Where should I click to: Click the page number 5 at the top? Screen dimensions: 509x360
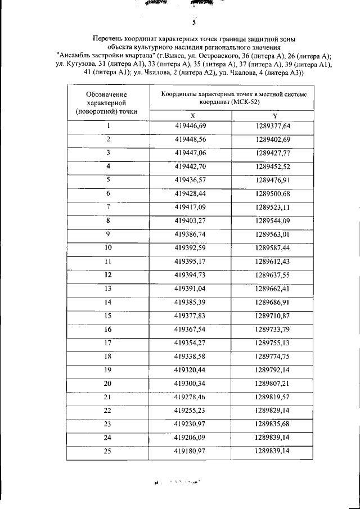coord(193,23)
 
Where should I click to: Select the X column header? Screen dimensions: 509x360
coord(192,115)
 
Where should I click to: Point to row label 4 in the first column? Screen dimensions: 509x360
coord(108,166)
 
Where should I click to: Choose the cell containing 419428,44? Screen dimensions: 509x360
coord(191,193)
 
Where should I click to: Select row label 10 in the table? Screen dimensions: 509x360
coord(108,247)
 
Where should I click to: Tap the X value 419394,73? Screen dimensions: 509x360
coord(191,275)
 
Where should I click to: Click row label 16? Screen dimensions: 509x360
coord(108,329)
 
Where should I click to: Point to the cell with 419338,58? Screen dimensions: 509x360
coord(191,357)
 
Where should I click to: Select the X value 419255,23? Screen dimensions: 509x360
coord(191,411)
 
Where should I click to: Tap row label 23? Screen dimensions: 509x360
coord(108,424)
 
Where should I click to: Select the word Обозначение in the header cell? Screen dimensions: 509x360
coord(107,94)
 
